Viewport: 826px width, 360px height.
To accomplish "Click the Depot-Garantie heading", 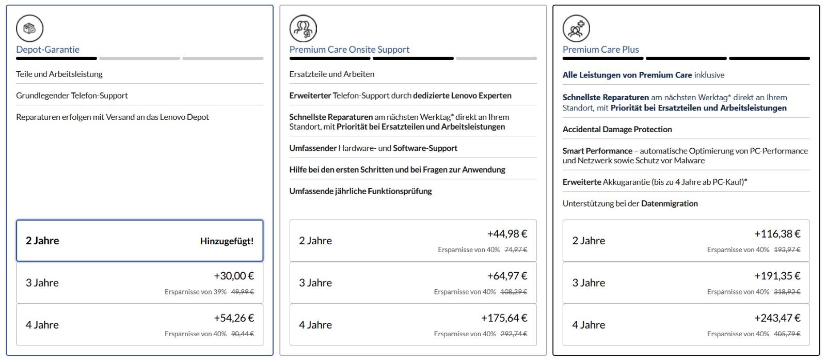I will [x=47, y=50].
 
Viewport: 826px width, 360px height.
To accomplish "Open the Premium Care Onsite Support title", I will [x=349, y=50].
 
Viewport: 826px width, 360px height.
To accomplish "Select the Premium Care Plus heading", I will [x=600, y=50].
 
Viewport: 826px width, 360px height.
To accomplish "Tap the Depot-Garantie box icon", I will [x=29, y=28].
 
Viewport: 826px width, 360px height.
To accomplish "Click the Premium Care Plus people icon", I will [x=576, y=28].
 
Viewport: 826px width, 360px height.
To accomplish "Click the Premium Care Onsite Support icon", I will [x=303, y=28].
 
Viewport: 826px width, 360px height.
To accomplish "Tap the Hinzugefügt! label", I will [x=227, y=241].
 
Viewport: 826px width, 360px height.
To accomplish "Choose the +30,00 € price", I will [x=233, y=276].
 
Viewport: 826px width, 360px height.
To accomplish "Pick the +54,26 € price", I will [x=233, y=318].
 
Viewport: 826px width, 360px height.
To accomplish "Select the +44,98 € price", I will [x=507, y=234].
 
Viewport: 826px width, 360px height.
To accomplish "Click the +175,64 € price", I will [x=504, y=318].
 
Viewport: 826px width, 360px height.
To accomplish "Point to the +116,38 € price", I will [x=777, y=234].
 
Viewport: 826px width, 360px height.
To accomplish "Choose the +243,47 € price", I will [x=777, y=318].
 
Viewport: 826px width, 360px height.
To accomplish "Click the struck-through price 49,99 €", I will [x=242, y=292].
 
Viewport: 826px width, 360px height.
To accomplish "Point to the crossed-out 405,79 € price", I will [x=787, y=334].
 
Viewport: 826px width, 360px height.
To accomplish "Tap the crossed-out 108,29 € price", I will [x=514, y=292].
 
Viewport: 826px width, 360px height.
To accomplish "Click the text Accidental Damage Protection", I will [x=617, y=130].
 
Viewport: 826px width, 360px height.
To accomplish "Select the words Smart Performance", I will [x=597, y=151].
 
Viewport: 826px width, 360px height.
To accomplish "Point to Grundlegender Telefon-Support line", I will [x=72, y=96].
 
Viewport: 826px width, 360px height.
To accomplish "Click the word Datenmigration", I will [x=669, y=204].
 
